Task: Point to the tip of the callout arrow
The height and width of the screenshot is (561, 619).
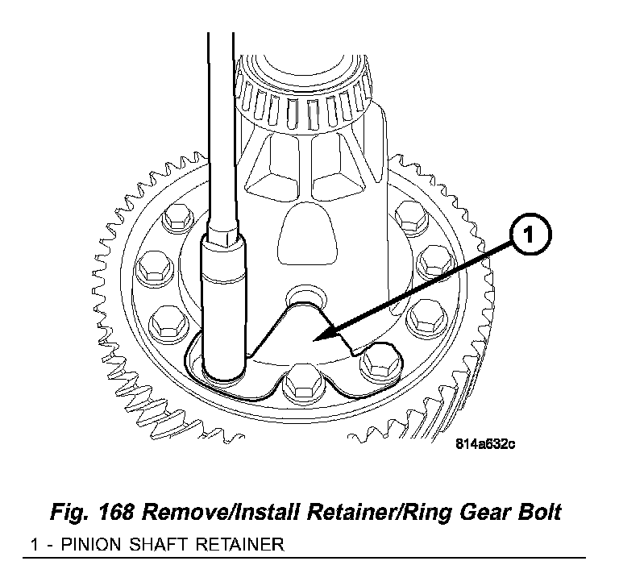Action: [318, 339]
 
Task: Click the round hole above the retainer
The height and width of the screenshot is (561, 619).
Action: [306, 295]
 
